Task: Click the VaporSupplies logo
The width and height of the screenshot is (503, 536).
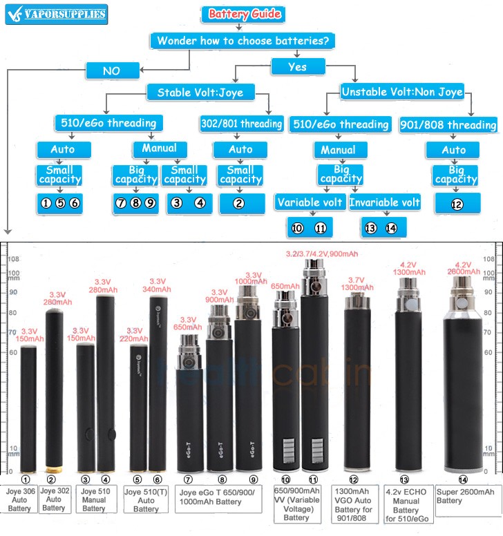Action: click(x=55, y=14)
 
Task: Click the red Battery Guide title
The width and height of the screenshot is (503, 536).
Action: click(x=244, y=14)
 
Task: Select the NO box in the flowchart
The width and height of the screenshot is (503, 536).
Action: click(x=111, y=70)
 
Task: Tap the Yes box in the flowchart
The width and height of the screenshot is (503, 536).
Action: click(x=298, y=66)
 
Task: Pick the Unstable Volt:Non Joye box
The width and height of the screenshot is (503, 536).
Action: click(x=401, y=90)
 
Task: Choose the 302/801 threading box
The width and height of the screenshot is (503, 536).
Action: click(x=241, y=124)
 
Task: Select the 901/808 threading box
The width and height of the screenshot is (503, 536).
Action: click(x=448, y=125)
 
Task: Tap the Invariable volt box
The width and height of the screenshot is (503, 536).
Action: click(x=384, y=202)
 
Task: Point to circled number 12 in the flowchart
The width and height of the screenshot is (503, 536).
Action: click(x=455, y=204)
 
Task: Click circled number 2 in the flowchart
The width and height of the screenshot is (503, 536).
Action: click(x=240, y=204)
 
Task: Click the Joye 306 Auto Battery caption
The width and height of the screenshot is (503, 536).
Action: click(x=19, y=499)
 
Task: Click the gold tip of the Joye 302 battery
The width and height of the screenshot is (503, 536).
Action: click(x=50, y=470)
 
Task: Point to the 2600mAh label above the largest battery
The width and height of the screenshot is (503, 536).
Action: click(x=462, y=271)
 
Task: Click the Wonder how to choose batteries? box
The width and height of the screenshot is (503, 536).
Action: click(x=243, y=41)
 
